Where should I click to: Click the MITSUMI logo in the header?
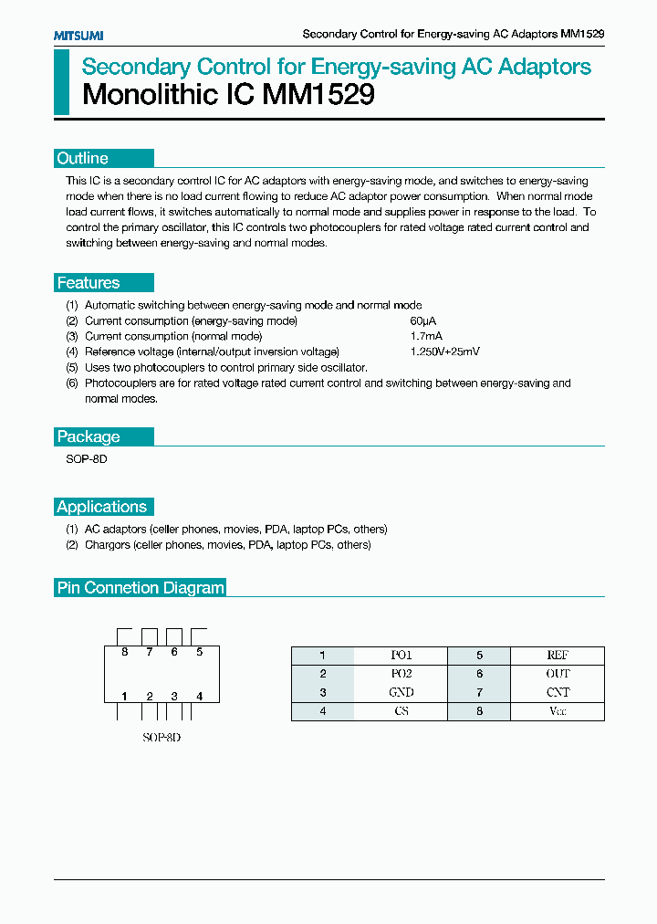(78, 35)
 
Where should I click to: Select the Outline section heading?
(83, 158)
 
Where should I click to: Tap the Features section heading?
(89, 283)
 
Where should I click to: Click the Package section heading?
(89, 436)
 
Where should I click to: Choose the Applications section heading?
(101, 507)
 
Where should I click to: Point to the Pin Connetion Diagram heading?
(141, 588)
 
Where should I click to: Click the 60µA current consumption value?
(423, 320)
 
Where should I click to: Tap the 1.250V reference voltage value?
(444, 352)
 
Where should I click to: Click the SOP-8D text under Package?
(87, 459)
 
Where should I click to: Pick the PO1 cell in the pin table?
(401, 656)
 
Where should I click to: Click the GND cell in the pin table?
(401, 693)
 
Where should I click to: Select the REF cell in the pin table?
(558, 656)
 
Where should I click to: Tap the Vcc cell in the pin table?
(558, 711)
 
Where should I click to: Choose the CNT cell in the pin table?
(558, 693)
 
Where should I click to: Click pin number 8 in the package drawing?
(125, 652)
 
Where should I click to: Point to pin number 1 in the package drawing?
(125, 697)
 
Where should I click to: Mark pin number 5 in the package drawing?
(199, 652)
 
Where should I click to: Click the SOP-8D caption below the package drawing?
(162, 737)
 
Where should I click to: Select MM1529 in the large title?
(318, 94)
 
